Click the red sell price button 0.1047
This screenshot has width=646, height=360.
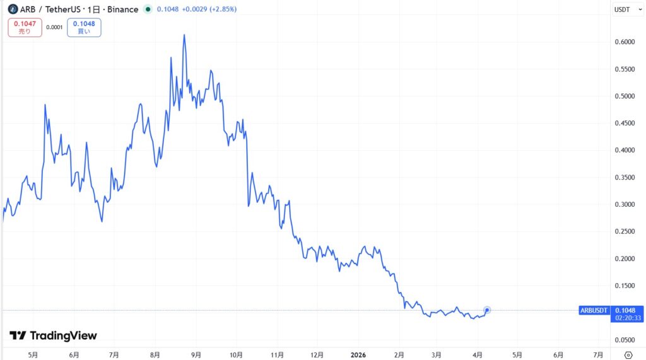pos(25,27)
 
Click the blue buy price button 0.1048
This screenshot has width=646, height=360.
pos(84,27)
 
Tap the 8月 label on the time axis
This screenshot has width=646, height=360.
pos(155,354)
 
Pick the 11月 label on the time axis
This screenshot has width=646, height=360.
pos(278,354)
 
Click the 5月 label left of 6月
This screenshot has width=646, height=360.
pos(33,354)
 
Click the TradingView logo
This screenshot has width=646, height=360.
pos(53,336)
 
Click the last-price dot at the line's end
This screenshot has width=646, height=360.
pos(487,310)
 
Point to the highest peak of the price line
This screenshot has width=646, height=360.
pos(184,35)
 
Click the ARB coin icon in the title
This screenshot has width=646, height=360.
pos(12,9)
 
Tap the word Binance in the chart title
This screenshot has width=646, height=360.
pos(122,9)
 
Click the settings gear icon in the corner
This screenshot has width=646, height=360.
pos(628,354)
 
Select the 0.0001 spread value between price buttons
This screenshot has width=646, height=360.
pos(54,27)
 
